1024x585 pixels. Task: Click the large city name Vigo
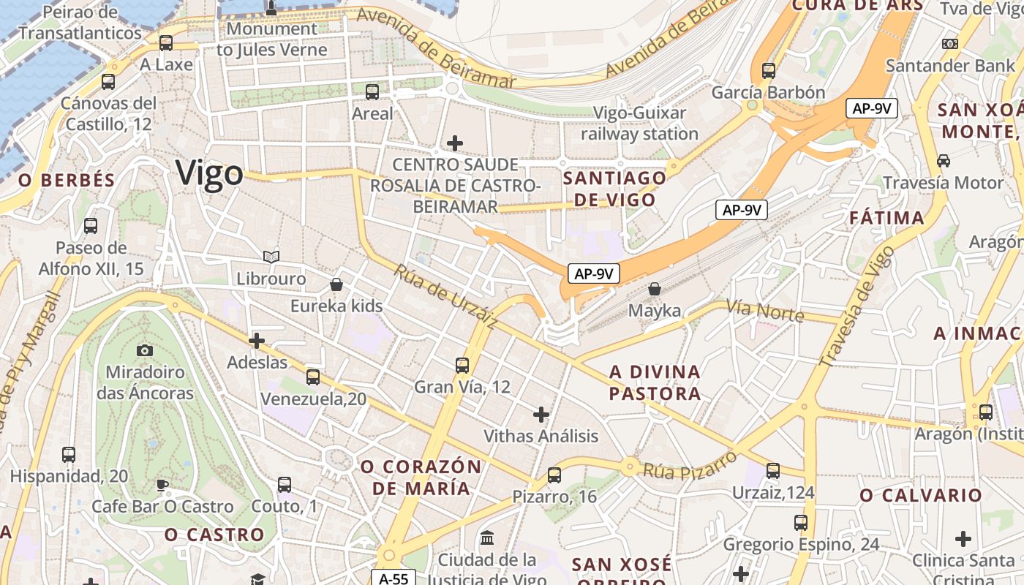(209, 174)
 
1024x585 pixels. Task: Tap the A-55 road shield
(394, 578)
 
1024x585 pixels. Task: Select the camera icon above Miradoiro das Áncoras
(145, 350)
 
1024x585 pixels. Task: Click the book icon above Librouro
(271, 257)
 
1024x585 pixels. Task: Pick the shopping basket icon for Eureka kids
(336, 284)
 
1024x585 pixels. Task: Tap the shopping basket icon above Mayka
(655, 289)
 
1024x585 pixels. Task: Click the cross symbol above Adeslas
(257, 340)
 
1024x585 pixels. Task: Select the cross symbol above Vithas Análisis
(541, 415)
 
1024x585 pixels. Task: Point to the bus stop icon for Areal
(372, 92)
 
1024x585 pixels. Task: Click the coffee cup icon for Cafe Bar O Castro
(162, 485)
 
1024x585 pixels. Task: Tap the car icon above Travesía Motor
(944, 160)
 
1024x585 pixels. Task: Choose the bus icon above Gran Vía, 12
(462, 365)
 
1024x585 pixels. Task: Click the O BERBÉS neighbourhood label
(67, 181)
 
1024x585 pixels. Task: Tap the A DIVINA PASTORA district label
(655, 383)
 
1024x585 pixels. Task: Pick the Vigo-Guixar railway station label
(640, 124)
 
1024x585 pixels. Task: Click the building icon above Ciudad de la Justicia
(487, 539)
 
